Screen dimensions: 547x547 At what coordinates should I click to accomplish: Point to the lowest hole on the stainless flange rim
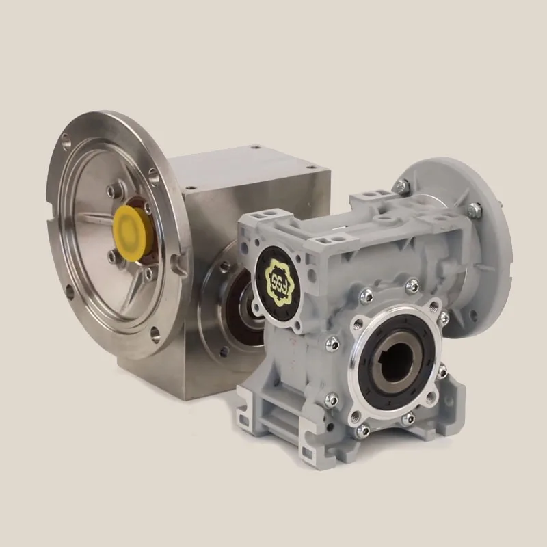tap(156, 336)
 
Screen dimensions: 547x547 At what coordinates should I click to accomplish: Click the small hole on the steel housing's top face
tap(255, 147)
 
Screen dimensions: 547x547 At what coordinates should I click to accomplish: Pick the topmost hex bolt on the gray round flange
tap(406, 183)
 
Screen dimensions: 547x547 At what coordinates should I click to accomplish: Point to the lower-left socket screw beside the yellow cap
tap(109, 254)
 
